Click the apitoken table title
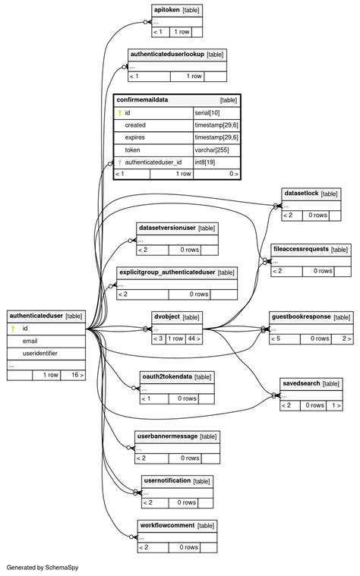pyautogui.click(x=166, y=10)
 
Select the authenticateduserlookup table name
pyautogui.click(x=167, y=55)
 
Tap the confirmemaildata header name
pyautogui.click(x=143, y=99)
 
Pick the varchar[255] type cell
pyautogui.click(x=213, y=150)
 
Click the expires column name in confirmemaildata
pyautogui.click(x=134, y=137)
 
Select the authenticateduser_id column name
pyautogui.click(x=153, y=162)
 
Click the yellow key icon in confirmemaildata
pyautogui.click(x=119, y=112)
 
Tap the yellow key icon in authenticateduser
pyautogui.click(x=13, y=329)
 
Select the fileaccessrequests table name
pyautogui.click(x=301, y=249)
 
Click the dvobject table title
pyautogui.click(x=166, y=316)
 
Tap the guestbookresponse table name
pyautogui.click(x=302, y=316)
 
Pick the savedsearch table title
pyautogui.click(x=301, y=383)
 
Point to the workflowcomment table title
pyautogui.click(x=167, y=525)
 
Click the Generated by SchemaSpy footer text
pyautogui.click(x=43, y=567)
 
